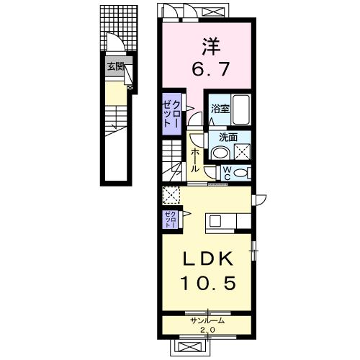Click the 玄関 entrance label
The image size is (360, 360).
tap(116, 66)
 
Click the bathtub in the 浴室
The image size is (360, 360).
tap(241, 109)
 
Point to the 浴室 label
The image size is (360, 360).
tap(220, 109)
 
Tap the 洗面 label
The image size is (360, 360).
tap(228, 138)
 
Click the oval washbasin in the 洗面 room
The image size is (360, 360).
tap(220, 153)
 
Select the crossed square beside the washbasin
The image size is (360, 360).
tap(242, 152)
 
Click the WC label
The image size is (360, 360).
tap(228, 174)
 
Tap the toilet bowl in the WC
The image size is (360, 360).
tap(240, 174)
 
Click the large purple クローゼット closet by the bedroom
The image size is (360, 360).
tap(171, 114)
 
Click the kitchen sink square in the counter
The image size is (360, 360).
tap(215, 221)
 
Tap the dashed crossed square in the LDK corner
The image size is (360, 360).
tap(171, 195)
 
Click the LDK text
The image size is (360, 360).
tap(208, 259)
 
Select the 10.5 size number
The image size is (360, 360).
tap(208, 283)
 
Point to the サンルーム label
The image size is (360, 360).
tap(207, 320)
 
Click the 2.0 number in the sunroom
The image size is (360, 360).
tap(207, 330)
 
